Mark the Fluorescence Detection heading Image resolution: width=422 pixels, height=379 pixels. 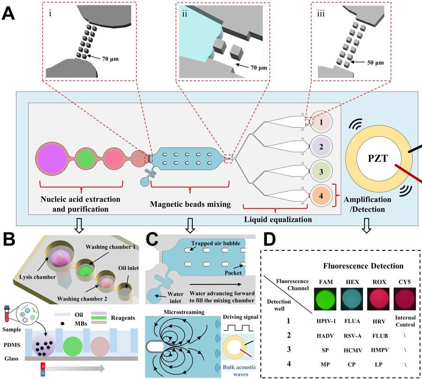coord(363,266)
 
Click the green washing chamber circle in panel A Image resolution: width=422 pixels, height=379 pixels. coord(86,158)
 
